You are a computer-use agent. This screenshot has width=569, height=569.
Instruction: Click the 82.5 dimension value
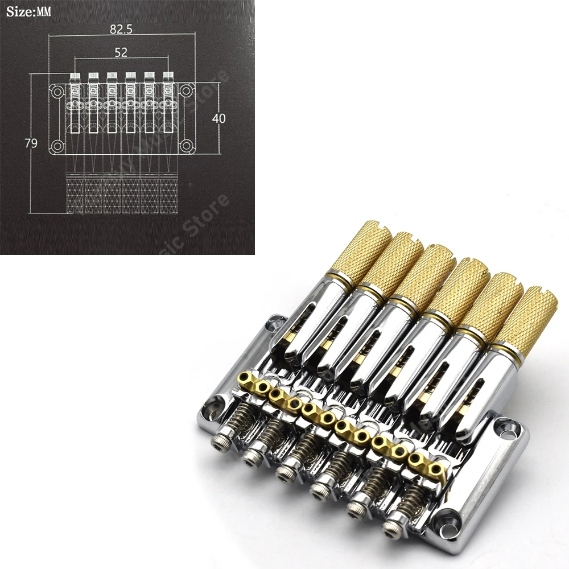point(121,30)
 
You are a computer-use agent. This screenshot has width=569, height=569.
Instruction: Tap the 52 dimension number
point(121,52)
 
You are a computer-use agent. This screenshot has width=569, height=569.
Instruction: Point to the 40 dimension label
point(218,118)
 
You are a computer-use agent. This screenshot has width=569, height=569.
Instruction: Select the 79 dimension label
point(31,143)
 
